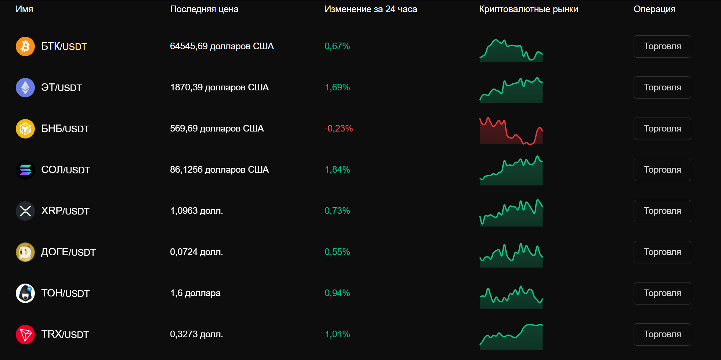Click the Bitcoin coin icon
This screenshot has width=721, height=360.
click(25, 46)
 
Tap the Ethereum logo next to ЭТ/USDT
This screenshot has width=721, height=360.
click(25, 87)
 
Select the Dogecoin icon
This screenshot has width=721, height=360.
click(25, 252)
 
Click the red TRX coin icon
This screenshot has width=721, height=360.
click(25, 334)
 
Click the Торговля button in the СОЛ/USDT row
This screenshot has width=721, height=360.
click(662, 170)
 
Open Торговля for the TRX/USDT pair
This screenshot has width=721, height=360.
click(662, 334)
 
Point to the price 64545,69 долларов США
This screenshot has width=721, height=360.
click(222, 46)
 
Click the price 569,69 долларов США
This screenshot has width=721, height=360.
click(217, 129)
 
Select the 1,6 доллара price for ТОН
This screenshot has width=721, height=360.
click(195, 293)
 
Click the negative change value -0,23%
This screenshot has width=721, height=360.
click(338, 129)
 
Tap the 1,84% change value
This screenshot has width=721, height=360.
click(337, 170)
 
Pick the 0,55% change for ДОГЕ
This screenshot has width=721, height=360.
click(337, 252)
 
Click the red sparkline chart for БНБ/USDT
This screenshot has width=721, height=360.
click(511, 131)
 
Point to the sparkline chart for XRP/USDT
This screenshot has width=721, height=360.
click(511, 213)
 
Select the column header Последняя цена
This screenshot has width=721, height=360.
click(204, 9)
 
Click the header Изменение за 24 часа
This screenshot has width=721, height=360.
click(371, 9)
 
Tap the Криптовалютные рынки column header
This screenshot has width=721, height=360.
click(529, 9)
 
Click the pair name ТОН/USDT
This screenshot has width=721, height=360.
click(65, 293)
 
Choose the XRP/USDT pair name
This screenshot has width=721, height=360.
click(65, 211)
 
